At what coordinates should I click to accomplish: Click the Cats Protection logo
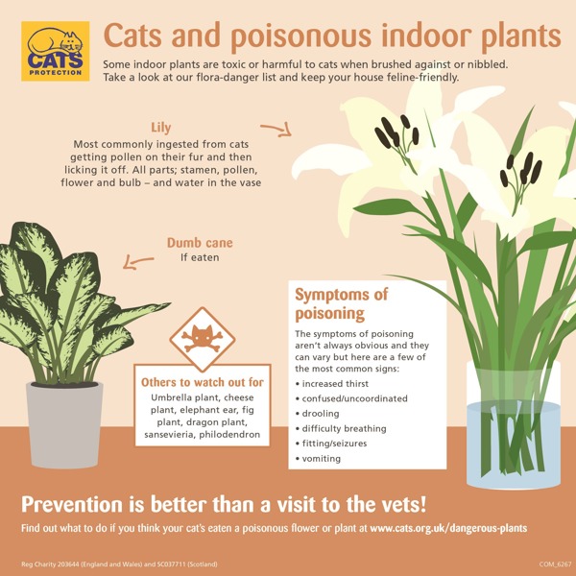tap(55, 51)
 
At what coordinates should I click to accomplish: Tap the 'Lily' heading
tap(161, 128)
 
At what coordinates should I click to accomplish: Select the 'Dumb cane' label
tap(200, 243)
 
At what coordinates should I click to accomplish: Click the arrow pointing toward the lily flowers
tap(276, 130)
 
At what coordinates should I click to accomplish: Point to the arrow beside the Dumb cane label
tap(137, 262)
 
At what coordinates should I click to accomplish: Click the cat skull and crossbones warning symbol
tap(202, 339)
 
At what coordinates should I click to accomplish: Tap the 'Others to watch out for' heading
tap(203, 382)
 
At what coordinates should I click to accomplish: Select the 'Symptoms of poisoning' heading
tap(341, 303)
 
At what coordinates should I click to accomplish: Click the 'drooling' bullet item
tap(318, 414)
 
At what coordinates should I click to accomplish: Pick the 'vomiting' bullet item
tap(318, 459)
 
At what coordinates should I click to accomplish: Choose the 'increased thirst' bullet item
tap(332, 384)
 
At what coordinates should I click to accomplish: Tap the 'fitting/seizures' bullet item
tap(331, 444)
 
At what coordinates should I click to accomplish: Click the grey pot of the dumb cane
tap(64, 425)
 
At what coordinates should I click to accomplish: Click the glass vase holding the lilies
tap(514, 425)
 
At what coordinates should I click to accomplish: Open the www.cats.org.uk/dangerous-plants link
tap(448, 528)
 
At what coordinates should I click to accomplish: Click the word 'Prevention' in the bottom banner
tap(72, 505)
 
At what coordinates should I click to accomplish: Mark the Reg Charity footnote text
tap(119, 564)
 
